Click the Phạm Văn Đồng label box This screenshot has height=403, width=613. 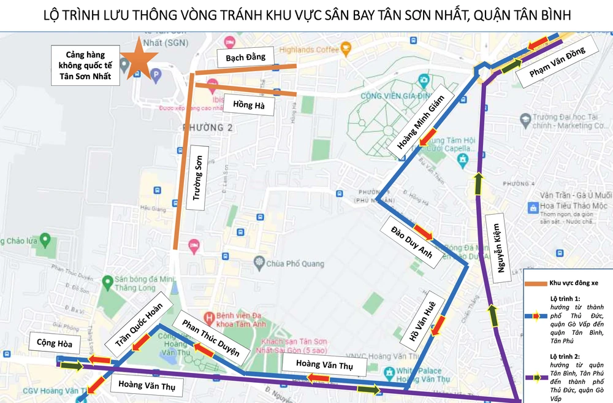557,61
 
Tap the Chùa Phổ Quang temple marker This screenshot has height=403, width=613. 259,263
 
